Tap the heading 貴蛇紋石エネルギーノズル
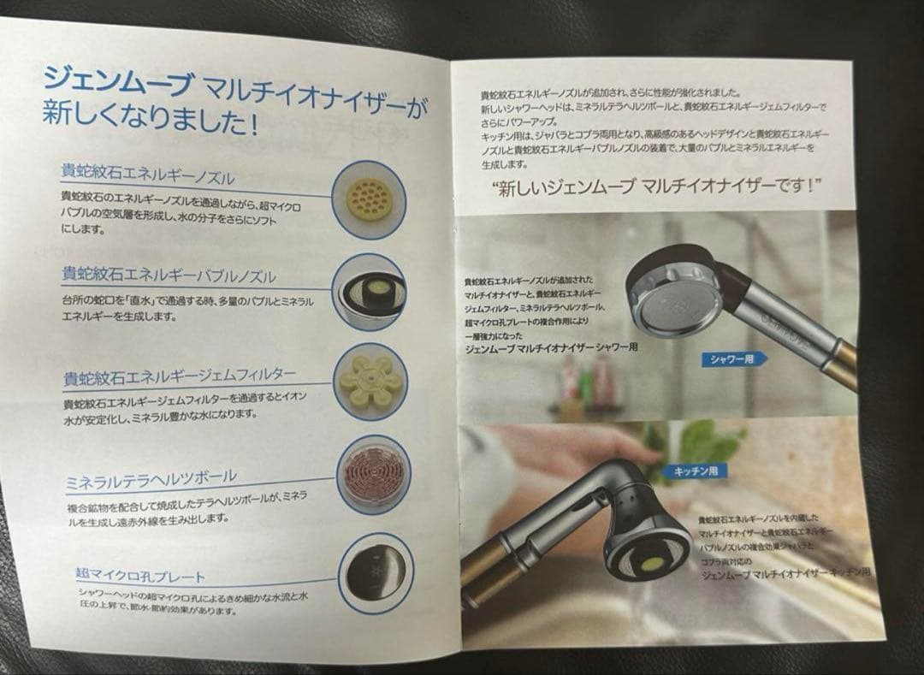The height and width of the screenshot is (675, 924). tap(148, 175)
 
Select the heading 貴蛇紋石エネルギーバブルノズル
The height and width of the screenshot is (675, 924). tap(169, 275)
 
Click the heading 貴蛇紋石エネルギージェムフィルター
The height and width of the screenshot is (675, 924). tap(180, 376)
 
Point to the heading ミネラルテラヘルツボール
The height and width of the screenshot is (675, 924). tap(151, 477)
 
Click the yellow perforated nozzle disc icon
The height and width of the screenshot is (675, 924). tap(369, 199)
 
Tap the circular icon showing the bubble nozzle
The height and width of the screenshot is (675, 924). tap(370, 292)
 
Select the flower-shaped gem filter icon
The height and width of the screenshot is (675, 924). tap(370, 382)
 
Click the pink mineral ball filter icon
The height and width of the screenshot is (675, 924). tap(374, 474)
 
